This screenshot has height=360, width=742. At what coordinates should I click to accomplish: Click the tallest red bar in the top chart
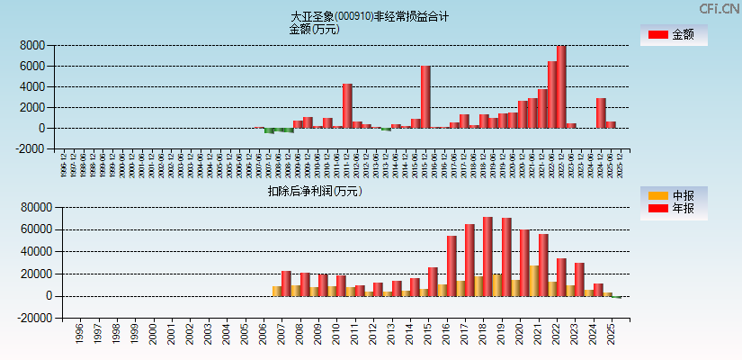tap(561, 87)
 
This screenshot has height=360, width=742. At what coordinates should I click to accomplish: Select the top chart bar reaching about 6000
tap(425, 97)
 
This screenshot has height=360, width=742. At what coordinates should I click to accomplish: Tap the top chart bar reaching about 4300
tap(347, 106)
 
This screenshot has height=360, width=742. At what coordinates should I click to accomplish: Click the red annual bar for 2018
tap(487, 256)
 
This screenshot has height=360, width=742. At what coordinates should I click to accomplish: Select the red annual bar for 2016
tap(451, 266)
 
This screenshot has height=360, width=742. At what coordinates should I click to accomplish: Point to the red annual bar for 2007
tap(286, 283)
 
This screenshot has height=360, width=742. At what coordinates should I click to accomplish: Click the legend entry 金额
tap(673, 35)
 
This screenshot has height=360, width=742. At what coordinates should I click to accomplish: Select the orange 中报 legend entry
tap(673, 195)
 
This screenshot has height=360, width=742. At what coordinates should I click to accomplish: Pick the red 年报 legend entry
tap(673, 209)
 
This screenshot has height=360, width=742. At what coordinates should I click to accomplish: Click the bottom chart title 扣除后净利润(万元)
tap(314, 191)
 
